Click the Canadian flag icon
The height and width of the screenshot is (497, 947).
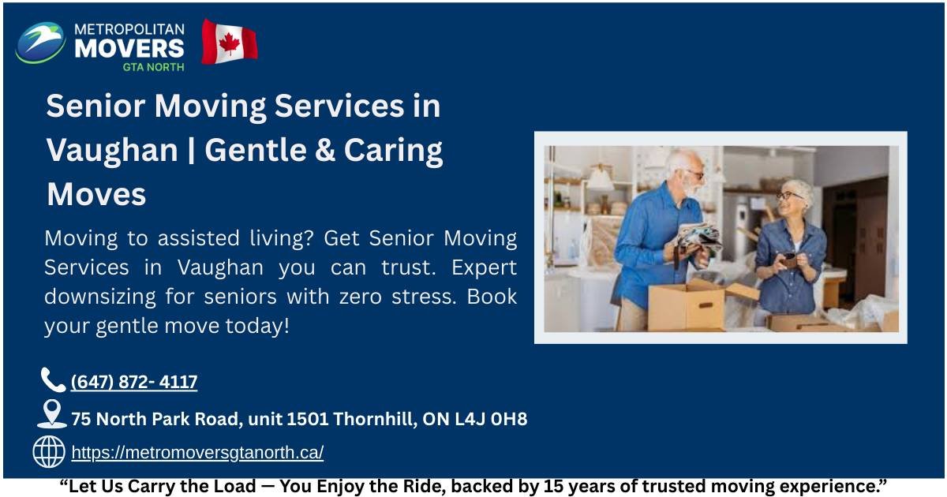(x=230, y=43)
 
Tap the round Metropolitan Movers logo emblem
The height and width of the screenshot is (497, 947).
(x=40, y=43)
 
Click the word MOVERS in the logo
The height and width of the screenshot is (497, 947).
(x=129, y=48)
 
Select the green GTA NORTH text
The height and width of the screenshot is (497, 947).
(x=153, y=67)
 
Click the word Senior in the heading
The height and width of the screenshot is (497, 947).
(x=92, y=106)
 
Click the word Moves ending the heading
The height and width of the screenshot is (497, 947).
(x=96, y=194)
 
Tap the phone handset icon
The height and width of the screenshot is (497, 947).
(x=53, y=380)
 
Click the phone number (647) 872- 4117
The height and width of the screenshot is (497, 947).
(x=134, y=383)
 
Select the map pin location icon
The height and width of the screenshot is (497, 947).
(x=51, y=413)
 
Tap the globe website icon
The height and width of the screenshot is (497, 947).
(x=49, y=452)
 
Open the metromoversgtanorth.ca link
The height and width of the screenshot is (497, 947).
(x=197, y=453)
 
